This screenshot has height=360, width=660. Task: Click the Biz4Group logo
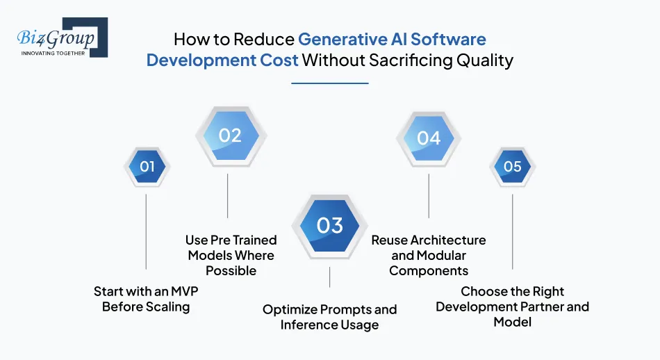tap(61, 38)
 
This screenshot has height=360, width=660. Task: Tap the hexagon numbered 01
tap(147, 166)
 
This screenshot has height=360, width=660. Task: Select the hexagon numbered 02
tap(230, 136)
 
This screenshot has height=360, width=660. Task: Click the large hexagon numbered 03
tap(329, 225)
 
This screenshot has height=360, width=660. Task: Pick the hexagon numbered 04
tap(429, 138)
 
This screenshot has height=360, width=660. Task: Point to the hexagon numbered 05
tap(513, 166)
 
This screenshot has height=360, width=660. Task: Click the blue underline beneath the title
tap(329, 83)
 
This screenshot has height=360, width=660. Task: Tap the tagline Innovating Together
tap(53, 53)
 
